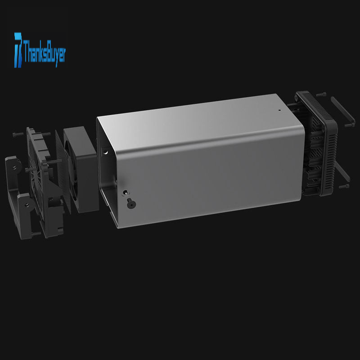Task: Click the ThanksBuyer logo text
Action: pyautogui.click(x=44, y=53)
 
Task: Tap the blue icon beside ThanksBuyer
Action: pyautogui.click(x=18, y=50)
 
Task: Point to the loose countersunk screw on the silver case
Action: pyautogui.click(x=131, y=203)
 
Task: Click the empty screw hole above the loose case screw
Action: pyautogui.click(x=125, y=193)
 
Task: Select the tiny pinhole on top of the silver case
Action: pyautogui.click(x=279, y=110)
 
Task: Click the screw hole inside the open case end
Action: pyautogui.click(x=105, y=152)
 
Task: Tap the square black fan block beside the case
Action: pyautogui.click(x=81, y=170)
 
